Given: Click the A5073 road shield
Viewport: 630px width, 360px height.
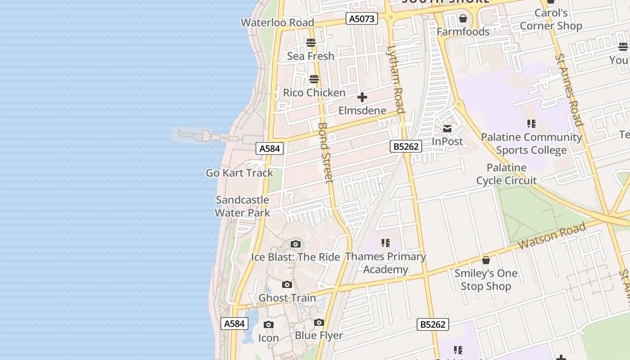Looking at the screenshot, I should pos(362,18).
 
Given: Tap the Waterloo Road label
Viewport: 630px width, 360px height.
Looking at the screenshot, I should pos(277,22).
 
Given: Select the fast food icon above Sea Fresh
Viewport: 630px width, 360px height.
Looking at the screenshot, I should pos(311,43).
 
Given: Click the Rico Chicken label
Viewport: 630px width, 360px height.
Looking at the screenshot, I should pos(314,93).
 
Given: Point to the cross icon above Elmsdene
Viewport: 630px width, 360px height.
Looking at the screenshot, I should pos(362,97).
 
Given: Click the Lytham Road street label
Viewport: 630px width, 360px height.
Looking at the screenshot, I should pos(396,79).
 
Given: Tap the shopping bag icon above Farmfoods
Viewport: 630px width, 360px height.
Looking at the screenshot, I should pos(463,19).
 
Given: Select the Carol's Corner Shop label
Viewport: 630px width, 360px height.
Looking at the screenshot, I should pos(551,20).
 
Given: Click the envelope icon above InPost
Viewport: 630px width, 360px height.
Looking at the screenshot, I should pos(447,129).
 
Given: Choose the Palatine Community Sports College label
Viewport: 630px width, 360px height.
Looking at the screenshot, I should pos(531,143).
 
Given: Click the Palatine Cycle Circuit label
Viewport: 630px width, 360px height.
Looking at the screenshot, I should pos(506,174).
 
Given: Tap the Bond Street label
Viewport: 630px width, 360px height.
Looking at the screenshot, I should pos(325,153).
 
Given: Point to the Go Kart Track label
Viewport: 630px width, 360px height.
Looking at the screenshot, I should pos(239,173).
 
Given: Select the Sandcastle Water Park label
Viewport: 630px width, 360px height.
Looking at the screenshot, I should pos(242,206).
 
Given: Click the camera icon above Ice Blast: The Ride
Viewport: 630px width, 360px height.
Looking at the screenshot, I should pos(296,244).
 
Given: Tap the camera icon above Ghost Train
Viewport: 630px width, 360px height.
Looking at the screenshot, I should pos(287,285).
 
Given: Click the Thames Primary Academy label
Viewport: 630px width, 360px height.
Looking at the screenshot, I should pos(386,263).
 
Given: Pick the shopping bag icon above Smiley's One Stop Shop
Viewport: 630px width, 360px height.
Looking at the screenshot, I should pos(486,260).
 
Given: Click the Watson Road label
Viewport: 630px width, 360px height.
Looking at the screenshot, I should pos(552,236).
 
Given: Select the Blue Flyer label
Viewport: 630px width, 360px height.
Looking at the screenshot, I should pos(319,336).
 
